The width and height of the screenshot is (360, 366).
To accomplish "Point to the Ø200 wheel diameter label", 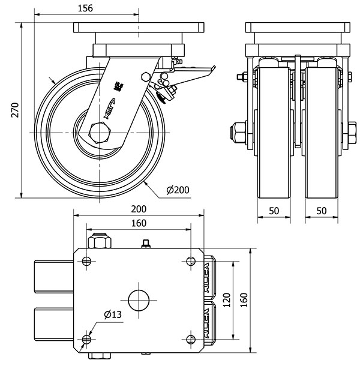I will [x=177, y=190].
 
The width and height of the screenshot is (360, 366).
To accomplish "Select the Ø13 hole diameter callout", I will [x=112, y=314].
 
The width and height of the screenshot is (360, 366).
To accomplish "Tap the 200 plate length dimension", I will [x=139, y=209].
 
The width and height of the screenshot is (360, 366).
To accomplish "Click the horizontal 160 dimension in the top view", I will [x=139, y=223].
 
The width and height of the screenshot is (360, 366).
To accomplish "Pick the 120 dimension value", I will [x=226, y=300].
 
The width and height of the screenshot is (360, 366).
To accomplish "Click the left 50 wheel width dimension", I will [x=274, y=211].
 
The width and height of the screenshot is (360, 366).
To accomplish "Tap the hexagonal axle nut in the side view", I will [x=100, y=132].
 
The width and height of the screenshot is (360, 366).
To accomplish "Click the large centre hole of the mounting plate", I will [x=139, y=300].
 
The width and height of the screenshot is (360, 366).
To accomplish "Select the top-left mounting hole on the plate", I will [x=86, y=261].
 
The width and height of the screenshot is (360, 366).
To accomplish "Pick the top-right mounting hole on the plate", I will [x=191, y=261].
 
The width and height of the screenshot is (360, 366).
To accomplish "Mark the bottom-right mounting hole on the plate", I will [x=191, y=340].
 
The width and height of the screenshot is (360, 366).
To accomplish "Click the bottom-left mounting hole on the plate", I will [x=86, y=340].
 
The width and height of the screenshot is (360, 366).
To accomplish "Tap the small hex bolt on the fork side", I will [x=144, y=76].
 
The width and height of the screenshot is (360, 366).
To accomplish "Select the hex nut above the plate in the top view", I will [x=100, y=242].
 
